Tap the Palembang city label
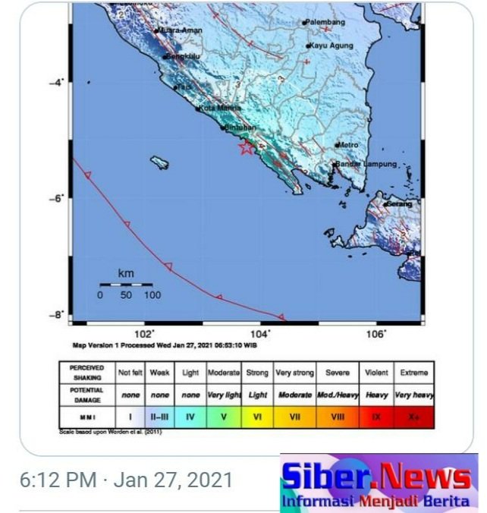click(x=327, y=22)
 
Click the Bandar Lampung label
click(x=366, y=165)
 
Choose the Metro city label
click(x=349, y=144)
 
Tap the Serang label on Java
click(x=400, y=204)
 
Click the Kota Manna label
click(x=219, y=108)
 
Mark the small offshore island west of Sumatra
click(x=159, y=162)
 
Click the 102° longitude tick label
click(x=144, y=333)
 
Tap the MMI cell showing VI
click(x=258, y=416)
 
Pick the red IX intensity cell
click(x=376, y=416)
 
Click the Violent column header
click(x=376, y=373)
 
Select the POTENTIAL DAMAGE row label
click(x=86, y=395)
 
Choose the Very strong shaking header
click(x=294, y=373)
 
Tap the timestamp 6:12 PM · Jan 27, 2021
click(x=126, y=480)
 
